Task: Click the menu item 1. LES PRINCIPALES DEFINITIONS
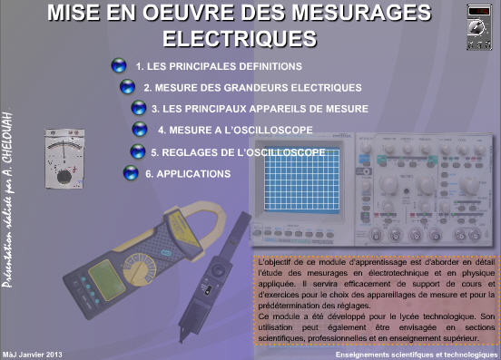click(218, 67)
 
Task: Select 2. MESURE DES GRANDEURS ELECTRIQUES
click(252, 88)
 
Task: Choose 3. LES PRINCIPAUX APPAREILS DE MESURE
click(260, 109)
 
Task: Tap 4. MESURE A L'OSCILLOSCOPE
click(235, 130)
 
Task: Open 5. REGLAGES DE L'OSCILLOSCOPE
click(238, 151)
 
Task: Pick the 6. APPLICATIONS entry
click(188, 172)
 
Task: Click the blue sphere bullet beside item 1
click(118, 66)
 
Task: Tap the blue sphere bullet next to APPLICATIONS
click(131, 172)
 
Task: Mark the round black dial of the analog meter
click(64, 174)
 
